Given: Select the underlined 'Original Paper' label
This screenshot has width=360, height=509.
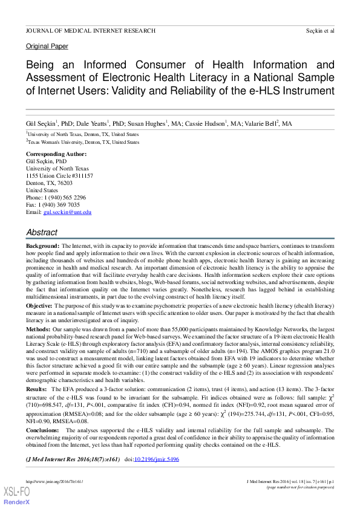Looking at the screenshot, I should pyautogui.click(x=47, y=46).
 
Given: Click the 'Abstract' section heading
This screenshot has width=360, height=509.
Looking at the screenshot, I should pyautogui.click(x=42, y=232).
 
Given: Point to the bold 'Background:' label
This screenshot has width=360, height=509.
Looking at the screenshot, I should pyautogui.click(x=42, y=247).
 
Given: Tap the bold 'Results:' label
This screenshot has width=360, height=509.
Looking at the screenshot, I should pyautogui.click(x=37, y=390).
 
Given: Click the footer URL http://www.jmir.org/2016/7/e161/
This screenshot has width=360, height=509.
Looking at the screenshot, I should pyautogui.click(x=54, y=481).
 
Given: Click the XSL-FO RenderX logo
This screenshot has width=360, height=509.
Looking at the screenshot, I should pyautogui.click(x=16, y=496).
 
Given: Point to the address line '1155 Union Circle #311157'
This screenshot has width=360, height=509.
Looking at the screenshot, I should pyautogui.click(x=59, y=176).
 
